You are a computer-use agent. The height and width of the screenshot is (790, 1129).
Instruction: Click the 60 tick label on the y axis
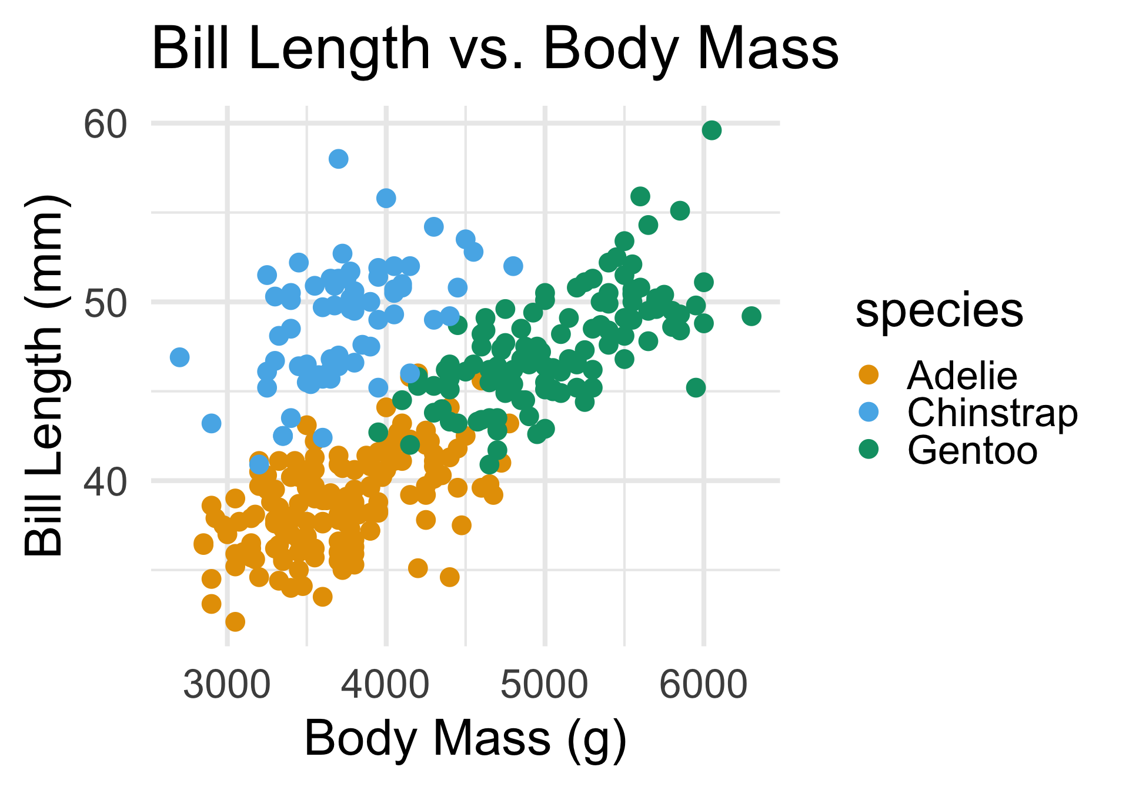click(x=105, y=125)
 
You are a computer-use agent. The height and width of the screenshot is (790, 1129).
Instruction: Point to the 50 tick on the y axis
click(x=105, y=303)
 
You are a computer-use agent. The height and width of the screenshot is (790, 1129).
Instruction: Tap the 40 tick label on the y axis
click(x=105, y=482)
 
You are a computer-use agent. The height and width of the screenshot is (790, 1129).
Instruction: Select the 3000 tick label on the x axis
click(x=227, y=685)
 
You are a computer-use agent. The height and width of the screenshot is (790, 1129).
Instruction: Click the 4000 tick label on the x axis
click(x=386, y=685)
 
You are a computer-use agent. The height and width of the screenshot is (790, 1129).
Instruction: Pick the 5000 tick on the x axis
click(x=545, y=685)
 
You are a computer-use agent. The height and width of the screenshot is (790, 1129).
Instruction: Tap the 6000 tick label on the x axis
click(x=703, y=685)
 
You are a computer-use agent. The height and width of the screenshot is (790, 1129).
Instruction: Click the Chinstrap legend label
click(x=993, y=413)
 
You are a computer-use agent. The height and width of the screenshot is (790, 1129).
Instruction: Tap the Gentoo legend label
click(x=973, y=450)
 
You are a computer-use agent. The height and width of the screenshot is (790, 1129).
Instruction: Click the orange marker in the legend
click(x=869, y=374)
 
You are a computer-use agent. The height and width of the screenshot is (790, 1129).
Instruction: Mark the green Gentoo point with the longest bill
click(x=712, y=130)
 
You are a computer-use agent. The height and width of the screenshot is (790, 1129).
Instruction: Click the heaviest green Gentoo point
click(x=751, y=316)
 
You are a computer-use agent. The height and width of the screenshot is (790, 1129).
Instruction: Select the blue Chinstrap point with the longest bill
click(x=338, y=159)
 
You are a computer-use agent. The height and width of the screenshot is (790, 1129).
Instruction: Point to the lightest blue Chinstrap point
click(x=179, y=357)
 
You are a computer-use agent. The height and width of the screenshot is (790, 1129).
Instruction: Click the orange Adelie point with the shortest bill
click(x=235, y=621)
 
